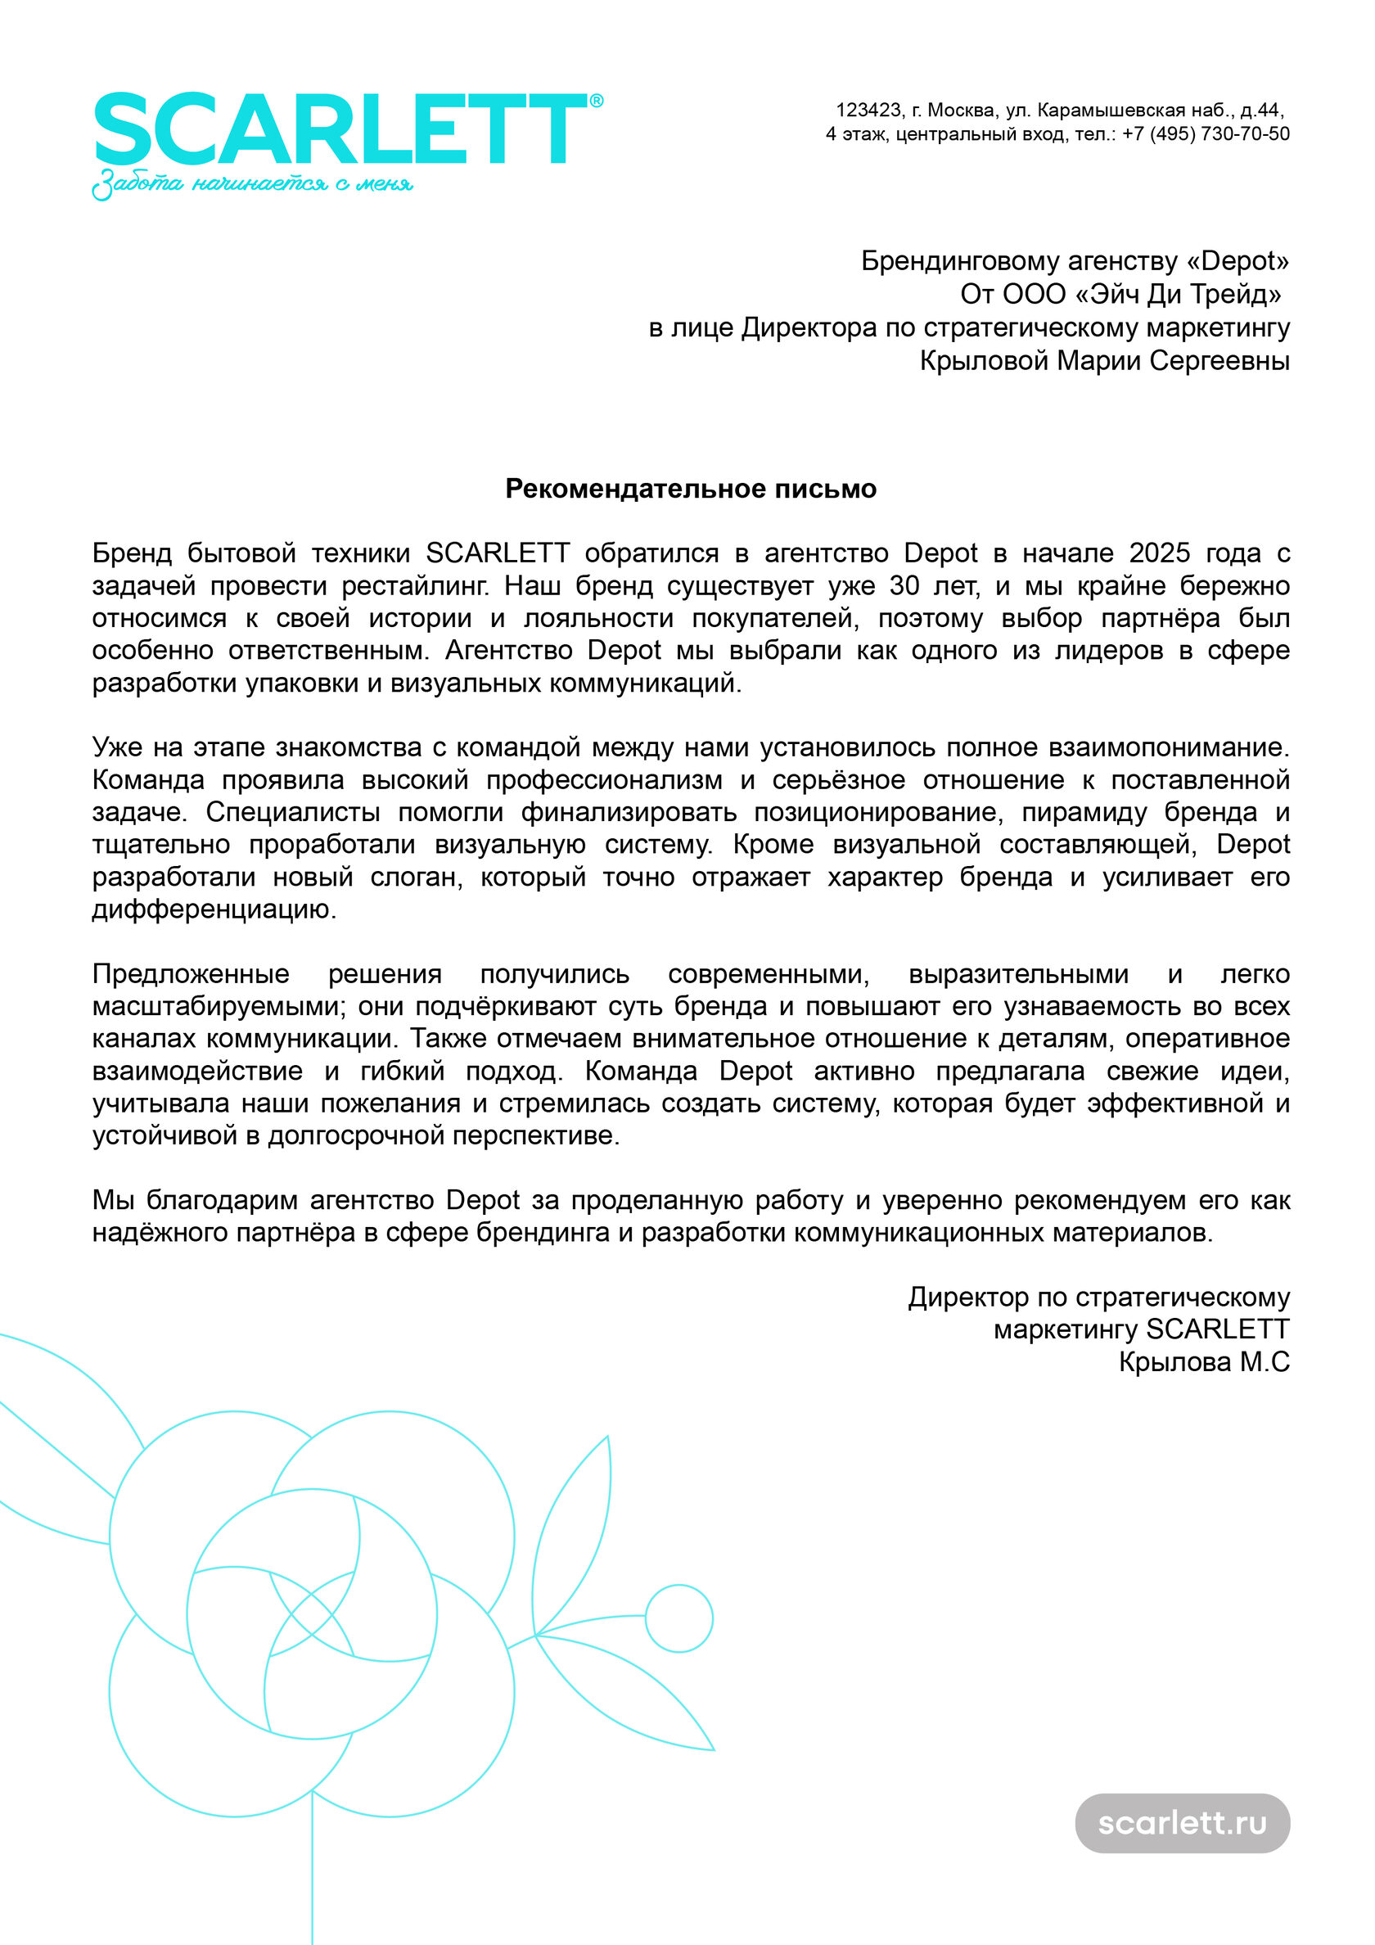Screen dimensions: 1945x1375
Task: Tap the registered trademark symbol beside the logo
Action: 597,101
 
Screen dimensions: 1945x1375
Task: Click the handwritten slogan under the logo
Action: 252,184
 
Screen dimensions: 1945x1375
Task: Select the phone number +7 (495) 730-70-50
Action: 1206,134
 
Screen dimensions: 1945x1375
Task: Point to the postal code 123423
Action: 868,111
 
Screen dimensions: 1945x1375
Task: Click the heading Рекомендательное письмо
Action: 691,489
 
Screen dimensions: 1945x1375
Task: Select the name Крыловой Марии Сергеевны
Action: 1104,360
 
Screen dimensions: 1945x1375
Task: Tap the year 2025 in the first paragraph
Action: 1159,553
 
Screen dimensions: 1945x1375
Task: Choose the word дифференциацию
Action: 214,909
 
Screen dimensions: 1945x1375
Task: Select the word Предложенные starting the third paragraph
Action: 191,974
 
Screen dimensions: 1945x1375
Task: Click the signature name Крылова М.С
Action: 1204,1362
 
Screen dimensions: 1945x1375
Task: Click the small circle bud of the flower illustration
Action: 678,1618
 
